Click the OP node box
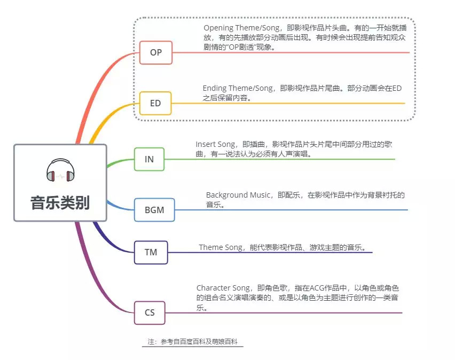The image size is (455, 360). coord(156,52)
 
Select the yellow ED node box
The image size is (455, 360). coord(155,103)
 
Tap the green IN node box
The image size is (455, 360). coord(149,159)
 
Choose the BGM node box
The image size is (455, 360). coord(154,210)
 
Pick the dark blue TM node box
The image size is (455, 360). coord(151,252)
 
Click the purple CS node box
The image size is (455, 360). coord(150,312)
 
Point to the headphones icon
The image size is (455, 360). coord(60,170)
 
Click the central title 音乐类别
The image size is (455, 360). coord(60,202)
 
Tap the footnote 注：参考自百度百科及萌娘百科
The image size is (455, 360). coord(192,342)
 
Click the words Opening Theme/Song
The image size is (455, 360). coord(241,28)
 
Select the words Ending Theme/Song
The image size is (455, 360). coord(238,88)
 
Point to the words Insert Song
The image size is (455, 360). coord(215,144)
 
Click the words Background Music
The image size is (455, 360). coord(238,195)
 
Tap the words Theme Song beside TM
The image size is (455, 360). coord(221,247)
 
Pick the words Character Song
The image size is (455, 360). coord(223,288)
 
